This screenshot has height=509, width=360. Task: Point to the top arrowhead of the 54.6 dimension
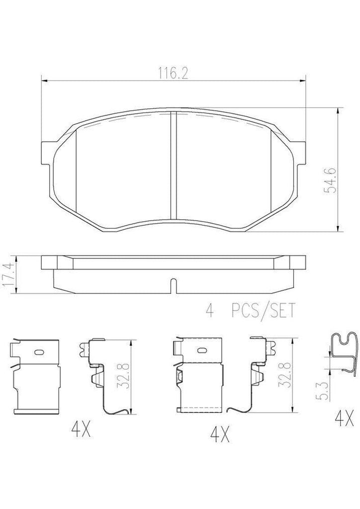[x=339, y=110]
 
